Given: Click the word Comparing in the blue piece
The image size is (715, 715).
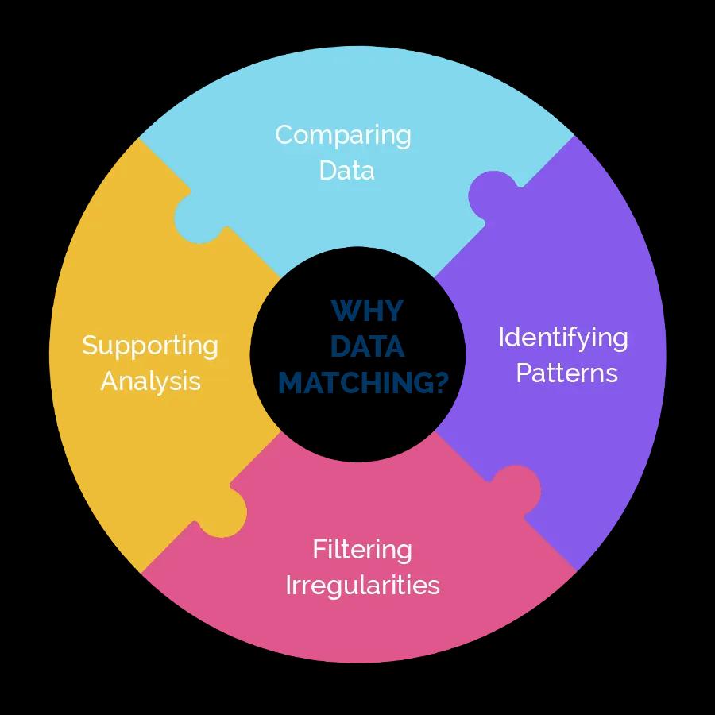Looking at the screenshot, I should pos(343,136).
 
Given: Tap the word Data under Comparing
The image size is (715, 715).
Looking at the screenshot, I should pos(346,171).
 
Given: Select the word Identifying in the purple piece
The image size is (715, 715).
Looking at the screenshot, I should pos(562,338).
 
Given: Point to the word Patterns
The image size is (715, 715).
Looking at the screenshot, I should pos(566,373).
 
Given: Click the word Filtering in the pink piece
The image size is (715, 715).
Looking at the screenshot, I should pos(361,550).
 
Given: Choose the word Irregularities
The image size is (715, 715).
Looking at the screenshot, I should pos(362,586).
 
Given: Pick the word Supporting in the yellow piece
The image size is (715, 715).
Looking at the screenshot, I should pos(150,346).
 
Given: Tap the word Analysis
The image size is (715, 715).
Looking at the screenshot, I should pos(150,381).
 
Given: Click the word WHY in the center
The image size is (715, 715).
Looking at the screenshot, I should pos(366,311).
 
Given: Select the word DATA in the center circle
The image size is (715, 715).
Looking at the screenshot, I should pos(367,347).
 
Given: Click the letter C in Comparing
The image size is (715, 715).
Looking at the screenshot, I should pos(284,135).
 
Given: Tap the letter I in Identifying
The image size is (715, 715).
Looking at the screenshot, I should pos(501,338).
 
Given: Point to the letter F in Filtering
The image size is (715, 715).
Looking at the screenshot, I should pos(318,549).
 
